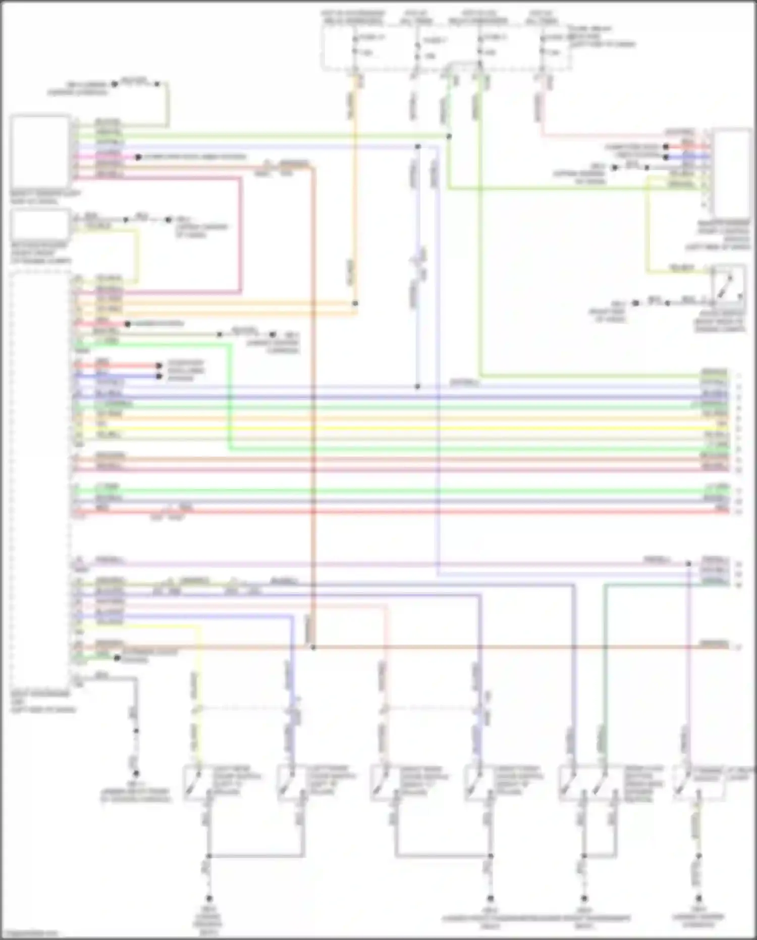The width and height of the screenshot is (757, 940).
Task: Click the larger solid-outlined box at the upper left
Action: point(40,151)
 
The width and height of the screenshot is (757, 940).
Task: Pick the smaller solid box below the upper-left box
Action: point(40,224)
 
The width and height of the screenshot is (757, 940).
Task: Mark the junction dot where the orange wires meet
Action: point(355,304)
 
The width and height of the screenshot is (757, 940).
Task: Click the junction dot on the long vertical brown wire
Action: point(313,647)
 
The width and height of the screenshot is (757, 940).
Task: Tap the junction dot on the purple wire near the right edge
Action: point(688,563)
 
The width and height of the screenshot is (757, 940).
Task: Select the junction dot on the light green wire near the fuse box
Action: point(449,136)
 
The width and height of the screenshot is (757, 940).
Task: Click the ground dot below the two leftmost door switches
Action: point(208,899)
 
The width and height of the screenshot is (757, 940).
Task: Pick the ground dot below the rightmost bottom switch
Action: point(699,899)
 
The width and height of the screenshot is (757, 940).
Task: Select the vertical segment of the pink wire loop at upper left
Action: point(241,235)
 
